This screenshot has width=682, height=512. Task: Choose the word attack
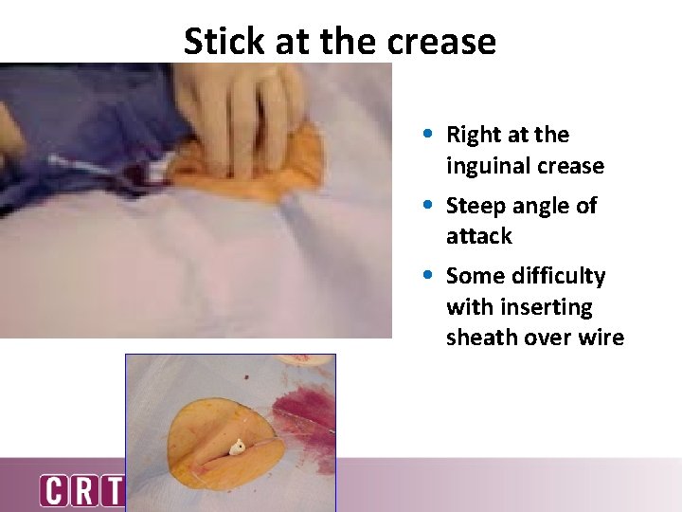pos(478,236)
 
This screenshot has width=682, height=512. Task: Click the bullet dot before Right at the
pos(430,135)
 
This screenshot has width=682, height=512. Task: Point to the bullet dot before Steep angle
pos(430,205)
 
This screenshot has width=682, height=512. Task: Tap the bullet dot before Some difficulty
pos(430,275)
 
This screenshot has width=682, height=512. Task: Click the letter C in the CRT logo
pos(54,491)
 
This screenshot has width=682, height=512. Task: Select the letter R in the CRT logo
pos(83,491)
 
